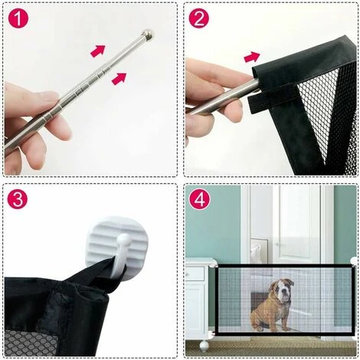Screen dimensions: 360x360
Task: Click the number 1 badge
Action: (18, 18)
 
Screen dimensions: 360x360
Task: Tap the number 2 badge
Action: (198, 18)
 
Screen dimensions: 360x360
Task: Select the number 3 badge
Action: (18, 199)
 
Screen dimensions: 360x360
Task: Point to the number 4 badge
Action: (199, 199)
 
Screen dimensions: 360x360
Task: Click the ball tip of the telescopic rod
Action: (148, 34)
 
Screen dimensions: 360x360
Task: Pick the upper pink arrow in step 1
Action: (98, 51)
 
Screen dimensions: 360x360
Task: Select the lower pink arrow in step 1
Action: (119, 78)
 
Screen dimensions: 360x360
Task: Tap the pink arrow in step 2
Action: (252, 57)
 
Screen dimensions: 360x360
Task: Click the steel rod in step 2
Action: (224, 96)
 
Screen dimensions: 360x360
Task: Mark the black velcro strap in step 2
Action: (273, 100)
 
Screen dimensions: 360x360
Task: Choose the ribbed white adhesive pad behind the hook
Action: (117, 244)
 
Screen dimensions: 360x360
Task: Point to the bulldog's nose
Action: (284, 293)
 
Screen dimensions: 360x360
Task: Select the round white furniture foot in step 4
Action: (204, 346)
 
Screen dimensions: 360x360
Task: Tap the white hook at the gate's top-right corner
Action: (354, 262)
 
